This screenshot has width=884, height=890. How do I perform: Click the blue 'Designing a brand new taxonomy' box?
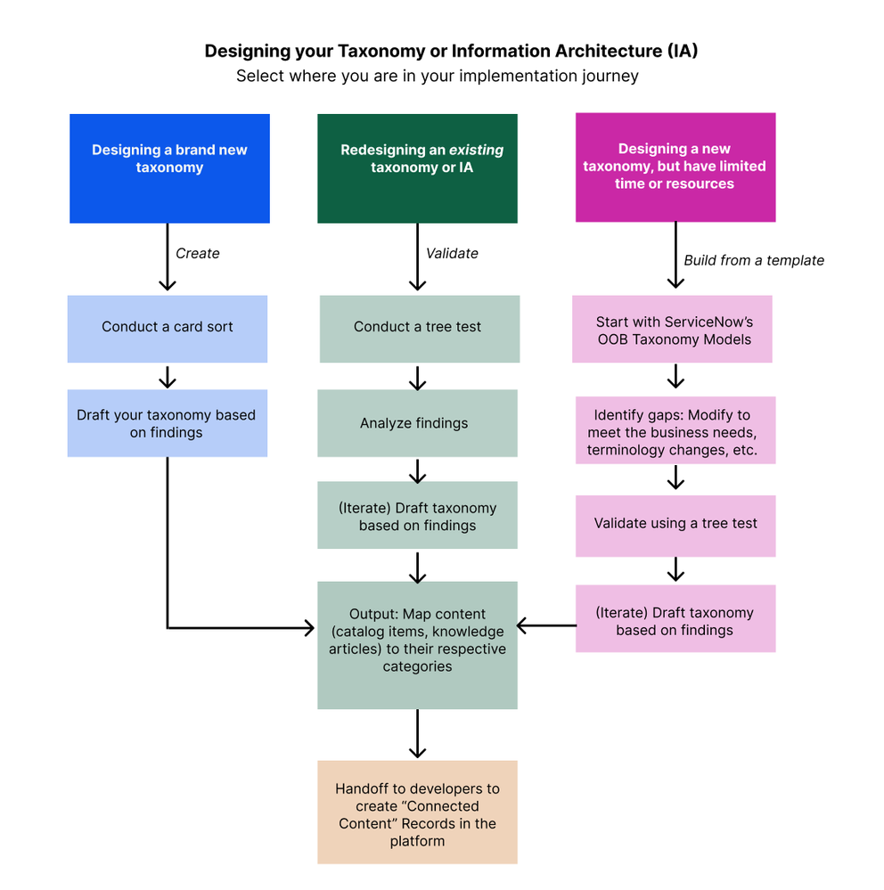[169, 168]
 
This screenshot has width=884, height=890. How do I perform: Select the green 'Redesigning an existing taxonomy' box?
[417, 168]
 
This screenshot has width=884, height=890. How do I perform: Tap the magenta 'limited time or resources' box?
[675, 167]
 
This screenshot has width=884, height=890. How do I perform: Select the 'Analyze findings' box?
[417, 423]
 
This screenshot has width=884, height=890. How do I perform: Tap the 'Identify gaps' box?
[675, 431]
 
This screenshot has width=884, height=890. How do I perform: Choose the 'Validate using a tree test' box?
[675, 524]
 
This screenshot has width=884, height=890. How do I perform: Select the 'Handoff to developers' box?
[417, 812]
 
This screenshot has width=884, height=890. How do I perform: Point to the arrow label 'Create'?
[197, 254]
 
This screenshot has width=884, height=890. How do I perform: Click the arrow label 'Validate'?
[452, 254]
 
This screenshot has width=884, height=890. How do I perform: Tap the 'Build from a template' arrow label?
[754, 261]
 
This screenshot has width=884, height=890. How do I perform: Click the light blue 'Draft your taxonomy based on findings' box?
[168, 424]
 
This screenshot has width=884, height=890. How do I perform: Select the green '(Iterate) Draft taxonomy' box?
[417, 517]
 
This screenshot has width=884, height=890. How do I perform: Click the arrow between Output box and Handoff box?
[417, 734]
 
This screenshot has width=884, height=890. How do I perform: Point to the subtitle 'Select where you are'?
[437, 77]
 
